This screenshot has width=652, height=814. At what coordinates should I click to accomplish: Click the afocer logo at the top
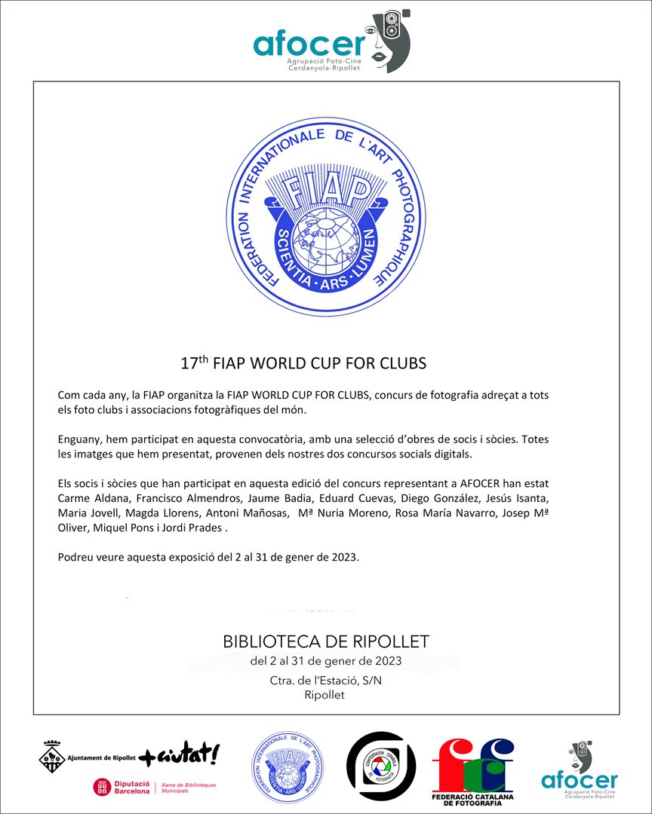tap(331, 42)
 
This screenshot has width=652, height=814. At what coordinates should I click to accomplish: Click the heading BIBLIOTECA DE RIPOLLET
tap(326, 642)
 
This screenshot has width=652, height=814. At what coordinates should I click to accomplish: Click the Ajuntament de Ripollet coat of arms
tap(52, 754)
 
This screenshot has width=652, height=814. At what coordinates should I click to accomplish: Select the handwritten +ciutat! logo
tap(180, 754)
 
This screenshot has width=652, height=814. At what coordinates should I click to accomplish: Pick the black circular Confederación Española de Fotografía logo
tap(381, 766)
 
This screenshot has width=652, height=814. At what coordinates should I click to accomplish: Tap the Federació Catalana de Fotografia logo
tap(472, 770)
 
